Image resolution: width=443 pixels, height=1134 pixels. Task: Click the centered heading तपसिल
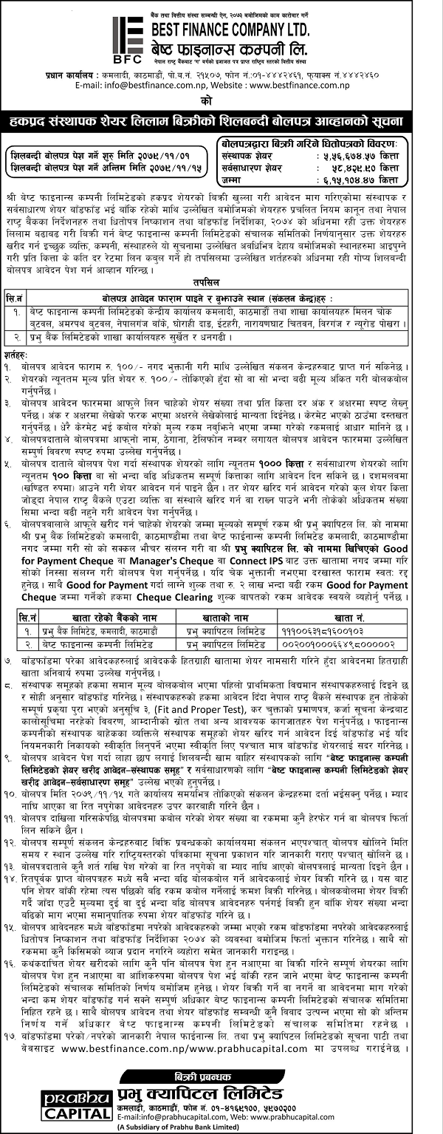click(221, 281)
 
